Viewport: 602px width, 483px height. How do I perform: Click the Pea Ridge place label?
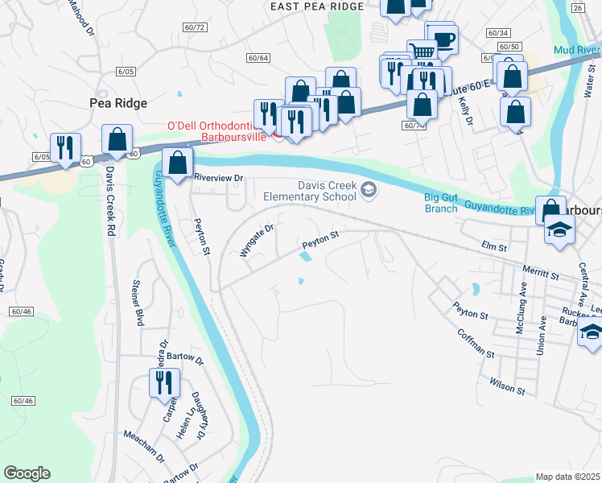click(x=117, y=102)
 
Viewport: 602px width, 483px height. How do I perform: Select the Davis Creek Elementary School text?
click(x=310, y=191)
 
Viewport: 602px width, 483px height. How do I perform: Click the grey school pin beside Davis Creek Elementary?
click(x=369, y=190)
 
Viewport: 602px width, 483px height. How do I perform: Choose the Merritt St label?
click(x=539, y=275)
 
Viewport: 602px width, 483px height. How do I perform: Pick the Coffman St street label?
click(x=475, y=342)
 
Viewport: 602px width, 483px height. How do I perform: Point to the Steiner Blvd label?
click(x=138, y=303)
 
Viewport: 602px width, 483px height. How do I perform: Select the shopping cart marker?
click(x=422, y=52)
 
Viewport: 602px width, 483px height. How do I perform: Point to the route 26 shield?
click(x=577, y=7)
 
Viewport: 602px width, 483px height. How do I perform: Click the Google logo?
click(x=27, y=473)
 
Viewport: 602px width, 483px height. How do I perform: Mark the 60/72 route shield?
click(x=196, y=27)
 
